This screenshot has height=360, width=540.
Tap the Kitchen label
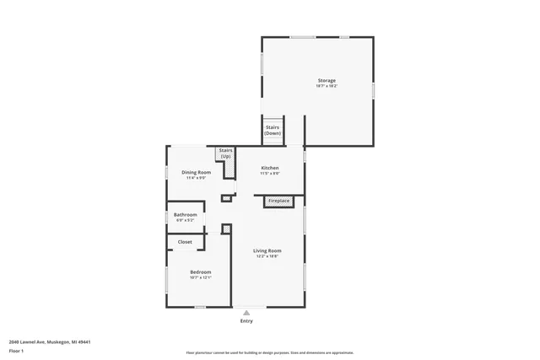tap(269, 168)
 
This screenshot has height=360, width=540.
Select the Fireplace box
tap(278, 201)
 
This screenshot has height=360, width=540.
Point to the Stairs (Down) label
tap(273, 130)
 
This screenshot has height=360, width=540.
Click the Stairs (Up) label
tap(225, 153)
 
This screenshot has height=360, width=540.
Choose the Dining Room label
tap(196, 172)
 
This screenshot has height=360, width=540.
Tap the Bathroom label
tap(185, 215)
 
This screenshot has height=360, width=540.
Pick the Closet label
tap(184, 242)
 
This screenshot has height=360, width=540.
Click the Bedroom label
tap(200, 271)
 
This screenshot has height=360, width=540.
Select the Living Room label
tap(267, 250)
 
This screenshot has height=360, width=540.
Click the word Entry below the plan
tap(246, 321)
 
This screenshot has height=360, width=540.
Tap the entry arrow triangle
tap(246, 312)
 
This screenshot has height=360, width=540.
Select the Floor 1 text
tap(17, 351)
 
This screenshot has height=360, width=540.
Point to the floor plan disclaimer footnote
tap(269, 352)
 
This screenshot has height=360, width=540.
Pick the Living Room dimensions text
tap(267, 256)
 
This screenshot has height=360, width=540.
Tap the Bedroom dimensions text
tap(200, 277)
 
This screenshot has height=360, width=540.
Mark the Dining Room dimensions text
tap(196, 178)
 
